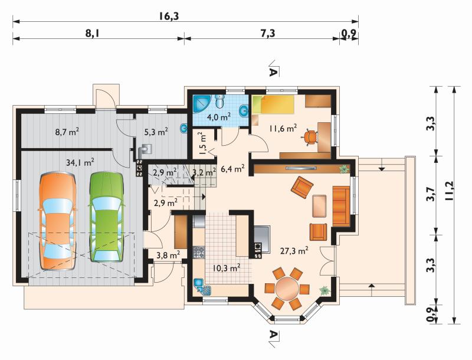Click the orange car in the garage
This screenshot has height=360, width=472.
[57, 221]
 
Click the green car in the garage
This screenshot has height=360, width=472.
[107, 217]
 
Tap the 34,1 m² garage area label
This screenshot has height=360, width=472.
[80, 162]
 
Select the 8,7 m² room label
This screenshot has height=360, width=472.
[67, 132]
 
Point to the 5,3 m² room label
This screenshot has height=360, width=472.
[156, 132]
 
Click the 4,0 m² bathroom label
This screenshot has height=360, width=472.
[219, 116]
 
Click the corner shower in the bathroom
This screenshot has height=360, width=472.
[202, 104]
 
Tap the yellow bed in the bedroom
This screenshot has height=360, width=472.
[273, 104]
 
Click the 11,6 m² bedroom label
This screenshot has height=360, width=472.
[283, 129]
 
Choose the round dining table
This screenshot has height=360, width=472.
[287, 289]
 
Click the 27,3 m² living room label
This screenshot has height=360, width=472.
[294, 251]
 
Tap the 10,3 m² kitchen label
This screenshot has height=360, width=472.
[227, 267]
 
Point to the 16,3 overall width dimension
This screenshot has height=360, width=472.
[169, 16]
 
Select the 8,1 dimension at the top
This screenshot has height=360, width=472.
[93, 33]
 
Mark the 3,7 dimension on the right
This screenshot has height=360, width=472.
[431, 195]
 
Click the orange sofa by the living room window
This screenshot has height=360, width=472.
[342, 206]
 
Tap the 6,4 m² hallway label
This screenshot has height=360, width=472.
[232, 169]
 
